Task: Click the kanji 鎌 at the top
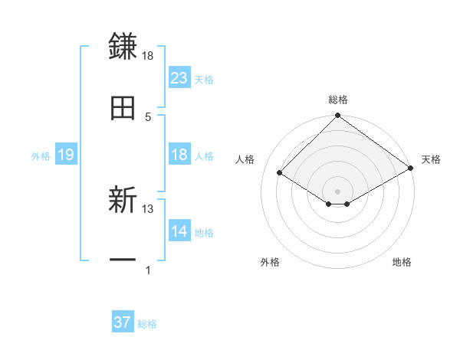coord(123,46)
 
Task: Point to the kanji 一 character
coord(123,261)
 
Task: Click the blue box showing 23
coord(179,78)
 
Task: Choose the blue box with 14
coord(179,231)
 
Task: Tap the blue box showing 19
coord(65,155)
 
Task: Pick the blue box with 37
coord(123,322)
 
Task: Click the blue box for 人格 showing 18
coord(179,155)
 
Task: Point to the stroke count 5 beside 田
coord(148,116)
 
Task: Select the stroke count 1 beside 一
coord(148,270)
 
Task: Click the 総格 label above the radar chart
coord(337,100)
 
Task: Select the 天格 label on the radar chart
coord(431,159)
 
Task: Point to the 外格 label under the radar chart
coord(270,262)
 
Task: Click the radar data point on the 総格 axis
coord(337,116)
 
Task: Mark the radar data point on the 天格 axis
coord(412,169)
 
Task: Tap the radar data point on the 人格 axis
coord(280,173)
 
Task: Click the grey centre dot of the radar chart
coord(337,191)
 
